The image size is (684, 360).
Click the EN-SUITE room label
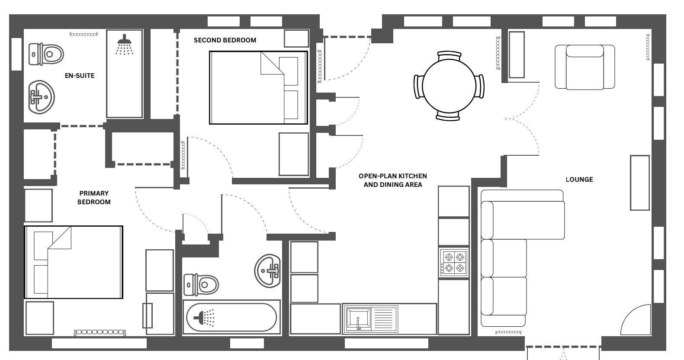pos(80,76)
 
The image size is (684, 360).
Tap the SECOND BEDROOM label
pos(225,40)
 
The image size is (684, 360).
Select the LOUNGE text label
pos(579,180)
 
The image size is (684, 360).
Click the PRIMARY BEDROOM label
pos(94,198)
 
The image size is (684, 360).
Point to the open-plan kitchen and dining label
pos(393,180)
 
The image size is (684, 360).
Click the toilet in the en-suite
pos(46,55)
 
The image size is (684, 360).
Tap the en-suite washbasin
pos(41,97)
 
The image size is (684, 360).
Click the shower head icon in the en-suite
pos(124,45)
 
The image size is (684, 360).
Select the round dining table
pos(449,86)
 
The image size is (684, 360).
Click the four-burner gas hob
pos(454,263)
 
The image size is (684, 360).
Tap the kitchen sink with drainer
pos(371,319)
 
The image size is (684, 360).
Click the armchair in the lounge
pos(585,67)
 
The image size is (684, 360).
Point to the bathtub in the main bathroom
pos(231,317)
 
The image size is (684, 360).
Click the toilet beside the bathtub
pos(201,285)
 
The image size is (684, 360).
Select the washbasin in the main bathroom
pos(267,271)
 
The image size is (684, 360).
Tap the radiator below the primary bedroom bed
pos(100,332)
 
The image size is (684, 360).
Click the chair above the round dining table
pos(449,56)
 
